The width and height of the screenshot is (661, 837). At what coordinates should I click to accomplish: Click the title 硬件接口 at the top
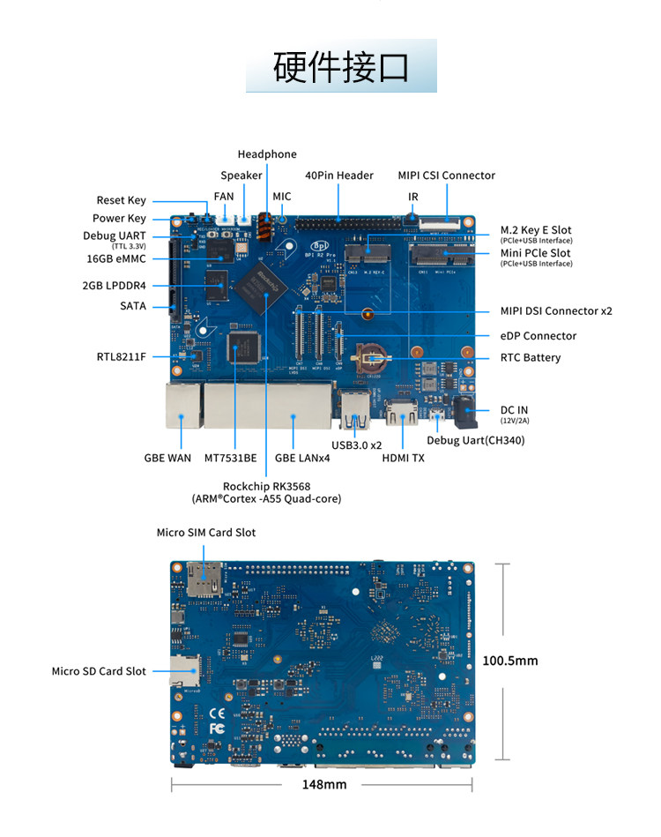tap(340, 67)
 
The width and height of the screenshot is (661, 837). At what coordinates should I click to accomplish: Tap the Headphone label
tap(267, 154)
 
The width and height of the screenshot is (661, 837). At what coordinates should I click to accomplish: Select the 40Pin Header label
tap(339, 176)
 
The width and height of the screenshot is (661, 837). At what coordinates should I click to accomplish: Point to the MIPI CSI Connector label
tap(446, 176)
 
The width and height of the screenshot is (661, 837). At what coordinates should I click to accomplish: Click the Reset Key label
tap(122, 200)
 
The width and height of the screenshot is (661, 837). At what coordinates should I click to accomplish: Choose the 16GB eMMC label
tap(116, 258)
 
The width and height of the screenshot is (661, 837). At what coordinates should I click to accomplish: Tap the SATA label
tap(133, 306)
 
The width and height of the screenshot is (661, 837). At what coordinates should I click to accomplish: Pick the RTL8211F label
tap(122, 357)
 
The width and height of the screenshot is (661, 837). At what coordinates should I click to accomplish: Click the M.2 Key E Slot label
tap(536, 230)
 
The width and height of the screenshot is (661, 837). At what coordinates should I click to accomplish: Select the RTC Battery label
tap(530, 357)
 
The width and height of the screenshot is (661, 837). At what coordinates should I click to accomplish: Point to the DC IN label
tap(516, 410)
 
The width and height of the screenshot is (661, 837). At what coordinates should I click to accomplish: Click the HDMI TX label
tap(403, 458)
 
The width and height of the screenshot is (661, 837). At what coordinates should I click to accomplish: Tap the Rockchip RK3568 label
tap(266, 486)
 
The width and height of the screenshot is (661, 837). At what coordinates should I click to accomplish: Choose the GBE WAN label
tap(167, 458)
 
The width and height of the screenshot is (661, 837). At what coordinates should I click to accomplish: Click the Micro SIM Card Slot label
tap(206, 532)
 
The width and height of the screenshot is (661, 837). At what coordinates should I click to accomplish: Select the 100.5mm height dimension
tap(509, 661)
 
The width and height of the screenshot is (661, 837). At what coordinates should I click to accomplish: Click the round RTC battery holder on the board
tap(369, 356)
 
